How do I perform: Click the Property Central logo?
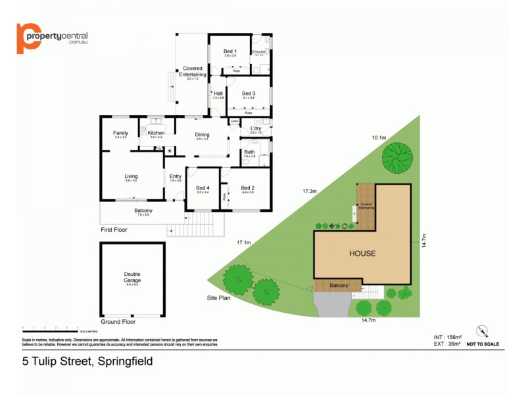coord(52,39)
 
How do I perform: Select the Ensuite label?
coord(258,51)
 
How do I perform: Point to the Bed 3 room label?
coord(248,93)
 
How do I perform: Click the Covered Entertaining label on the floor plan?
coord(192,72)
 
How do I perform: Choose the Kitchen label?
coord(156,133)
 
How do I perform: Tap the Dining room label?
coord(202,136)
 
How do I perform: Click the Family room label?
coord(120,133)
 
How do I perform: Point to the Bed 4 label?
coord(203,188)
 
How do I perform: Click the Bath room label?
coord(249,152)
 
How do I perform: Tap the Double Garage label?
coord(132,277)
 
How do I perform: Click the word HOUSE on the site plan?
coord(362,253)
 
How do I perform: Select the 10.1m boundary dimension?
coord(379,138)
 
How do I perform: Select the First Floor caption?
coord(114,230)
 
